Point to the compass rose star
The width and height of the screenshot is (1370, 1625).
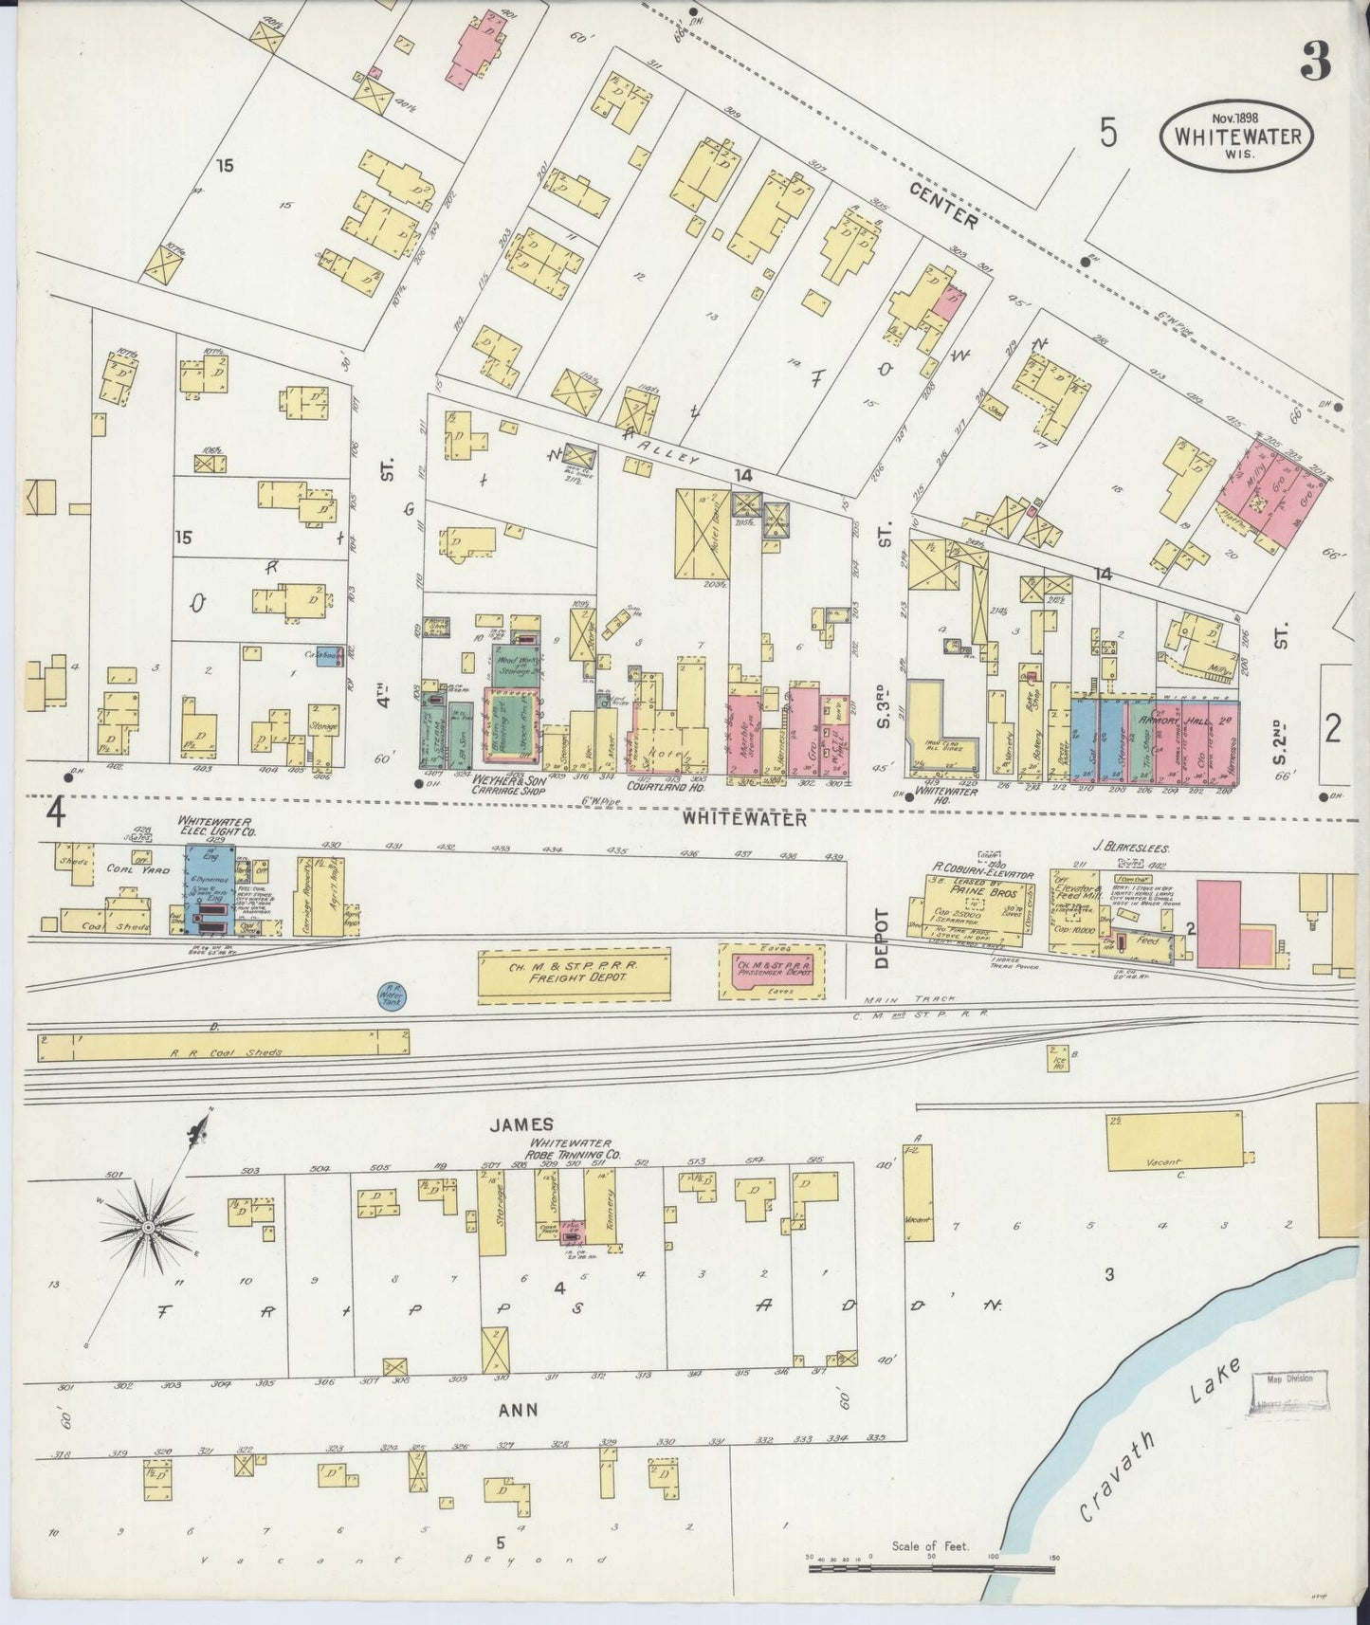pos(148,1227)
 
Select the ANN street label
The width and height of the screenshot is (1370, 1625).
pos(519,1410)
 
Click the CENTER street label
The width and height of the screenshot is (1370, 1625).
pos(943,206)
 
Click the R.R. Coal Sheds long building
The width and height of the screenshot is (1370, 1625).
pos(223,1046)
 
